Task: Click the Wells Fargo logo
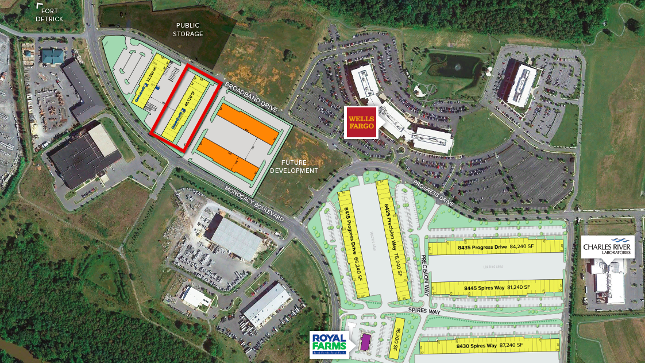pyautogui.click(x=361, y=122)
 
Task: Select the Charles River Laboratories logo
pyautogui.click(x=608, y=247)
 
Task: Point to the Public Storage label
pyautogui.click(x=190, y=29)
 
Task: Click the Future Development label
pyautogui.click(x=295, y=167)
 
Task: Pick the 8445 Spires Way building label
pyautogui.click(x=495, y=287)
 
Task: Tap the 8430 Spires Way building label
pyautogui.click(x=489, y=345)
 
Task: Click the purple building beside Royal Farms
pyautogui.click(x=365, y=342)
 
